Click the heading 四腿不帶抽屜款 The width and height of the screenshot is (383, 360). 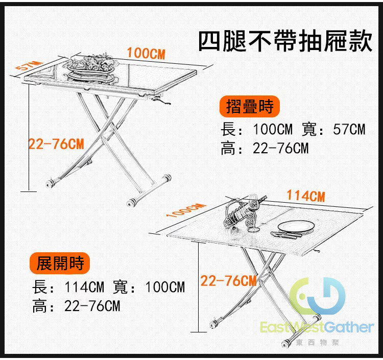click(x=285, y=41)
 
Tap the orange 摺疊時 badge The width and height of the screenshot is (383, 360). click(x=249, y=106)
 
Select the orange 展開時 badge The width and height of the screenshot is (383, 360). click(x=60, y=263)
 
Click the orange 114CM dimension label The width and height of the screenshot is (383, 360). click(x=306, y=196)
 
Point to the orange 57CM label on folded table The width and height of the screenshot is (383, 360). click(x=28, y=65)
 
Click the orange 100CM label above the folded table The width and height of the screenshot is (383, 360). click(x=146, y=53)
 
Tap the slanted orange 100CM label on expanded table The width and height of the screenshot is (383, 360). click(x=186, y=210)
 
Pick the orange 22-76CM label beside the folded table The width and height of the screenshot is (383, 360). click(x=56, y=144)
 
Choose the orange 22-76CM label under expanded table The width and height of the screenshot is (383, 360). click(x=228, y=281)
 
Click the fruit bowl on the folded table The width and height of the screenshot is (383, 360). click(x=91, y=67)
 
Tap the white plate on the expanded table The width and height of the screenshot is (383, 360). click(x=296, y=227)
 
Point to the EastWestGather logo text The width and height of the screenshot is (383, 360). click(x=317, y=327)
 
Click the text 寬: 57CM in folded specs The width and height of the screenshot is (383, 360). click(x=333, y=129)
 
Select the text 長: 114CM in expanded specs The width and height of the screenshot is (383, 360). click(x=68, y=287)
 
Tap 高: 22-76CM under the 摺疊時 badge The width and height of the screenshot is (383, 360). click(x=265, y=148)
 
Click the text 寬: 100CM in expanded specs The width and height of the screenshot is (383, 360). click(x=149, y=287)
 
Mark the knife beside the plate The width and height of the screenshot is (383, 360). click(x=286, y=235)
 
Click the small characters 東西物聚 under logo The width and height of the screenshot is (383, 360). click(x=317, y=343)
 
